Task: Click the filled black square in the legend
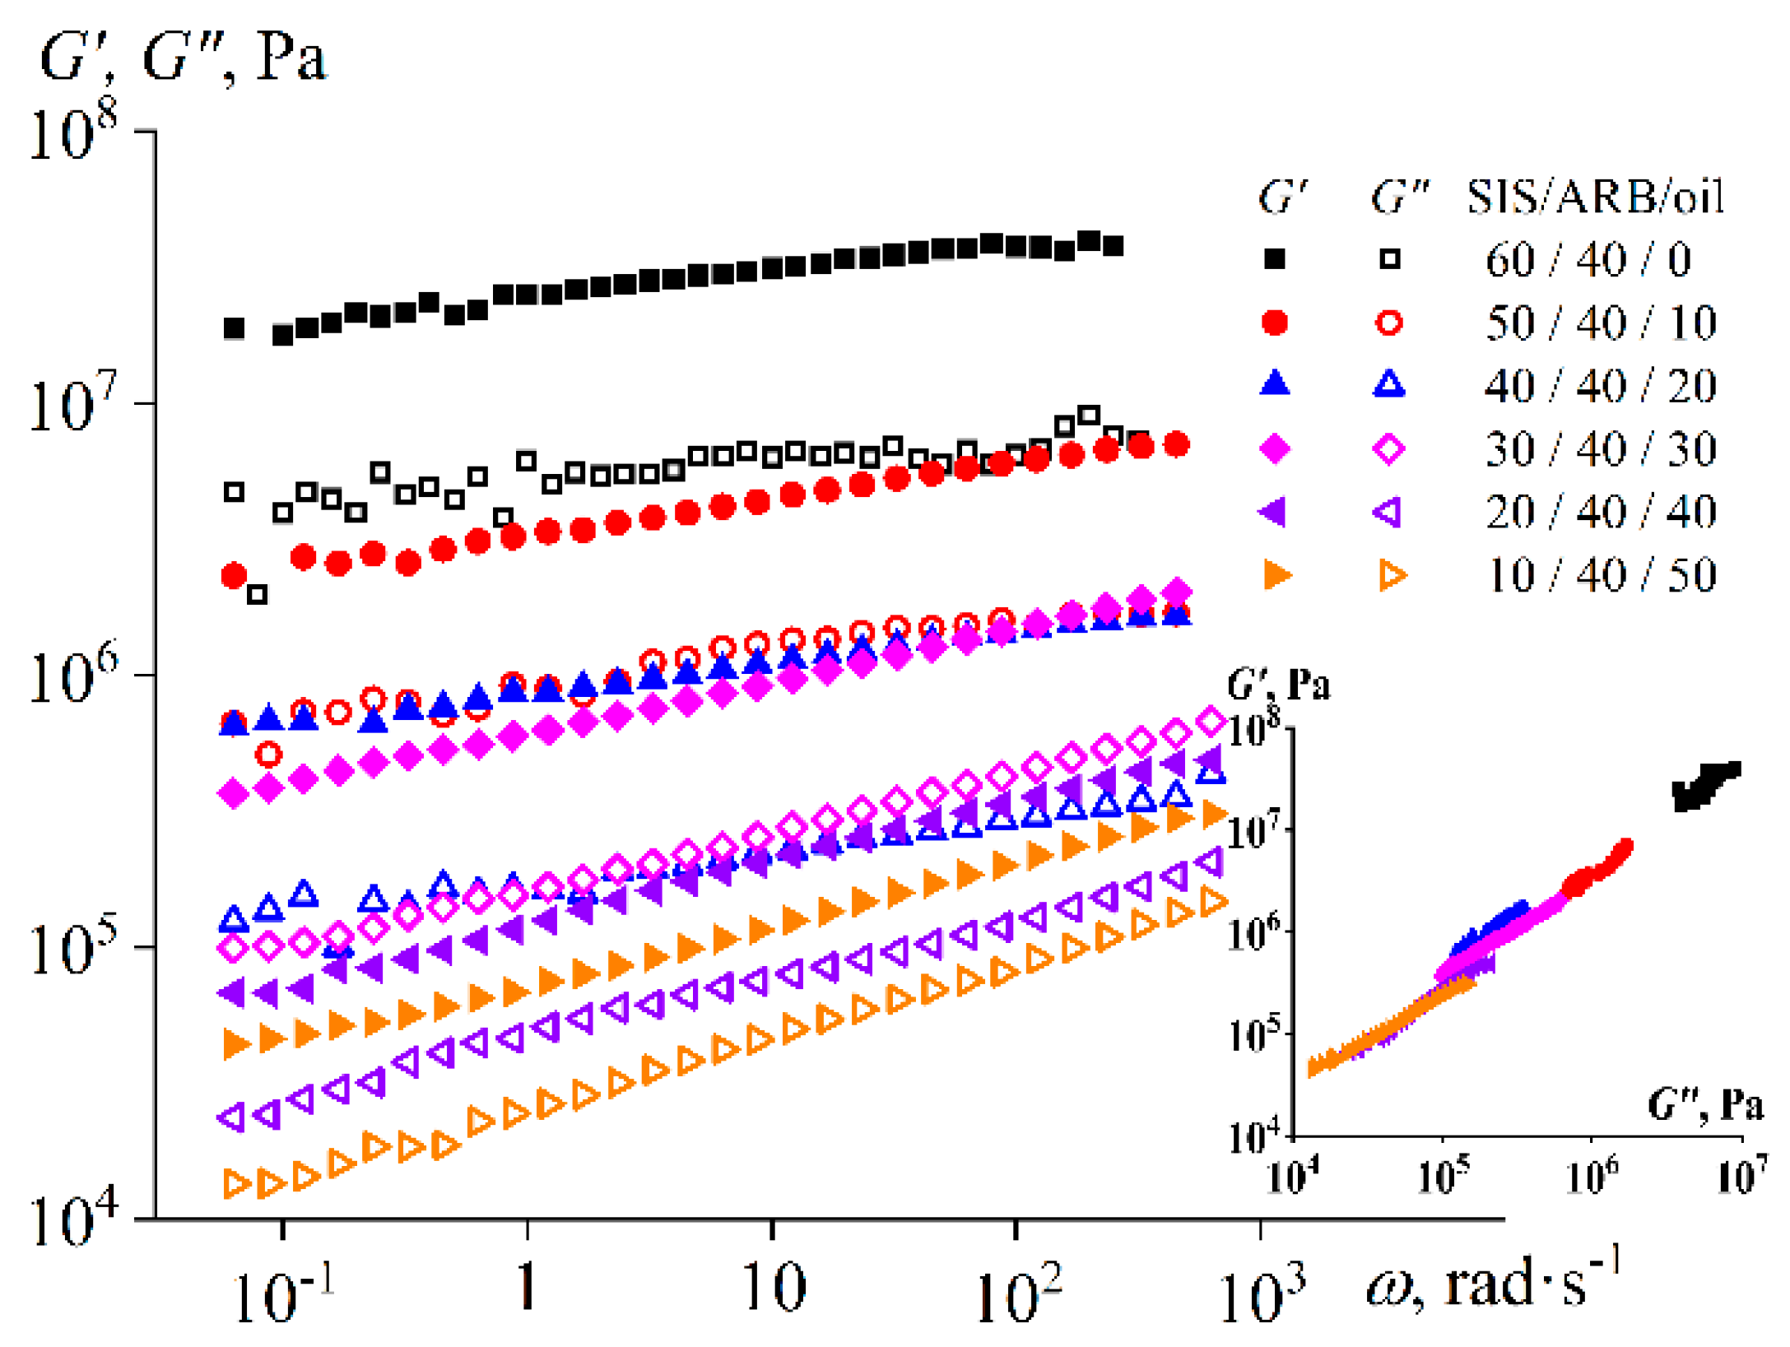coord(1274,259)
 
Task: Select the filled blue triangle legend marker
coord(1274,383)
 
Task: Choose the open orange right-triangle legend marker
coord(1391,574)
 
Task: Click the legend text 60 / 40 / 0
coord(1588,259)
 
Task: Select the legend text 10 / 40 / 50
coord(1601,574)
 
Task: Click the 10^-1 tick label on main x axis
coord(282,1293)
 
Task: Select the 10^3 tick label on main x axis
coord(1259,1293)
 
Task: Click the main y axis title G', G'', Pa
coord(183,58)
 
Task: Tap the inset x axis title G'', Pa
coord(1704,1104)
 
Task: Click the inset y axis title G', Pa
coord(1277,684)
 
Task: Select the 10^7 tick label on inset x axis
coord(1741,1175)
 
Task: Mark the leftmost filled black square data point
coord(234,328)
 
